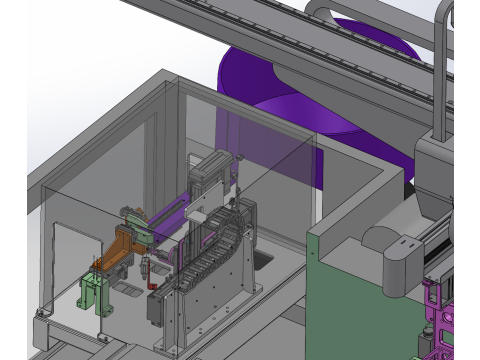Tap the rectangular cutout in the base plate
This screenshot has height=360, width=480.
[263, 261]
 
